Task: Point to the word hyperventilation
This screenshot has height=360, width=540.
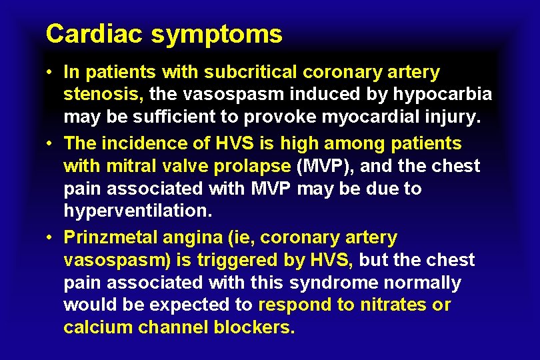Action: tap(137, 212)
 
